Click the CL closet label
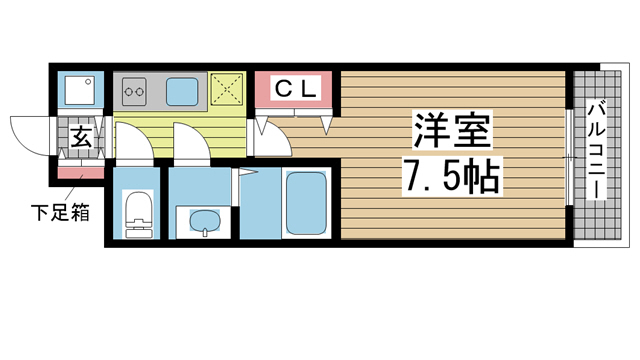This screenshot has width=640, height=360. [296, 89]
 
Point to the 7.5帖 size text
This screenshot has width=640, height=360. [452, 177]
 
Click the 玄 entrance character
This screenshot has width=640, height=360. [81, 137]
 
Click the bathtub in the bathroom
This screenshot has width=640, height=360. [306, 205]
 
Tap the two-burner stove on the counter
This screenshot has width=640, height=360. [135, 93]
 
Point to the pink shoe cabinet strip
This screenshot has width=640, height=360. [80, 174]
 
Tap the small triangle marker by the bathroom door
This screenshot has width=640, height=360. [241, 172]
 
